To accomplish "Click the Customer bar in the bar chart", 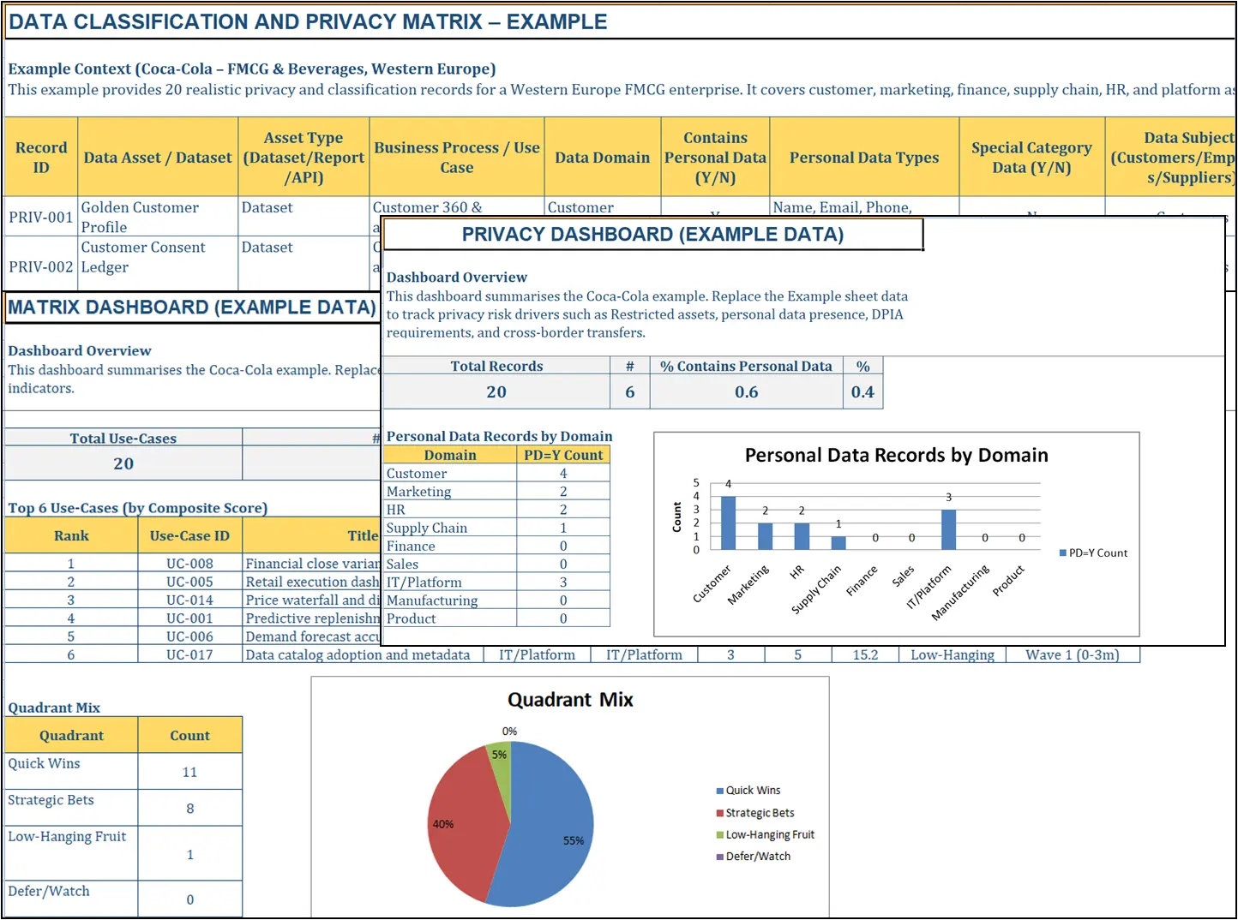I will [x=728, y=523].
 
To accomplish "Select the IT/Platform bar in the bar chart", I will [x=948, y=529].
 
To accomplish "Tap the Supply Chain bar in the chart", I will [x=838, y=542].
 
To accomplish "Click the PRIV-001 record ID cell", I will [x=40, y=218].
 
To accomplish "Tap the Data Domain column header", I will [x=602, y=158].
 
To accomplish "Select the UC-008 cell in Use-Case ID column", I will [x=189, y=564].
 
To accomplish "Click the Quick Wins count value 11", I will [x=189, y=773].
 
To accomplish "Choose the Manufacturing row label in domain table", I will [x=432, y=600].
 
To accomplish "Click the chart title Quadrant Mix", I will [x=570, y=700].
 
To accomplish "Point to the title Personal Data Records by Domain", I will [x=896, y=455].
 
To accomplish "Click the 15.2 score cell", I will [x=864, y=655].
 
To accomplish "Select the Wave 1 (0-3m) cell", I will [x=1072, y=655].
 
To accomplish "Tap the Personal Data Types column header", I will [x=863, y=158].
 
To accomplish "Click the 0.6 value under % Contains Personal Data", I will [x=746, y=392].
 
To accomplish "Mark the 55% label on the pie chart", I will [x=573, y=841].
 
